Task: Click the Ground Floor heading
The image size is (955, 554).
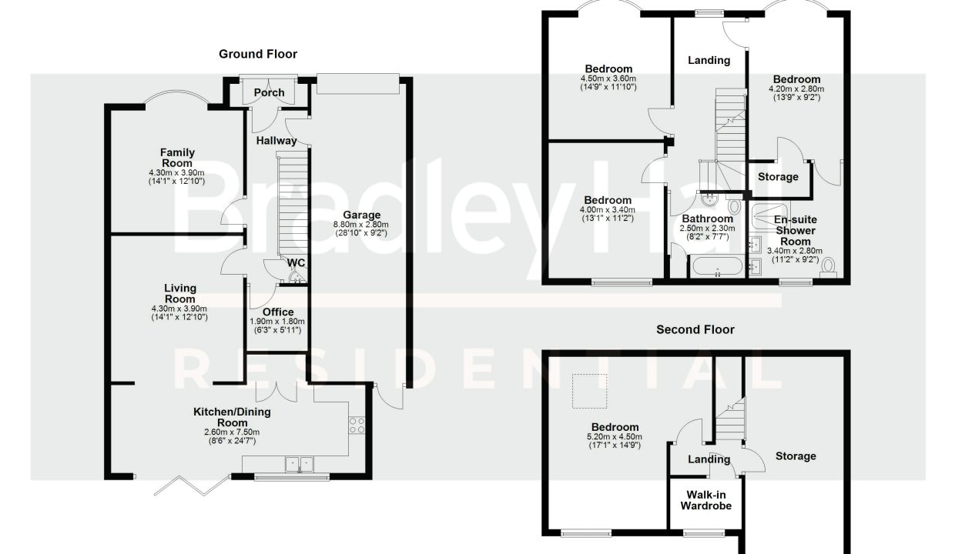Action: (258, 54)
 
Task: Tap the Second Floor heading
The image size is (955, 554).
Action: (695, 329)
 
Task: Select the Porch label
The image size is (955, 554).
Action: (269, 92)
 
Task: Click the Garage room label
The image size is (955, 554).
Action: (361, 215)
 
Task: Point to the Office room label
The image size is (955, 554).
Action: (278, 312)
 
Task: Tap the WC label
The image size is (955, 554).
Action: (297, 262)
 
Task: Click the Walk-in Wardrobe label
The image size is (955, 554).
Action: (706, 500)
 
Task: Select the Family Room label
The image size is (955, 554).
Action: (177, 158)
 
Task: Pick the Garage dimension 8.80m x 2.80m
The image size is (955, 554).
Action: (361, 225)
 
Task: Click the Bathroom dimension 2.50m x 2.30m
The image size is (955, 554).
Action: (708, 229)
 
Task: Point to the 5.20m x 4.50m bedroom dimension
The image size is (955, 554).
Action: (615, 437)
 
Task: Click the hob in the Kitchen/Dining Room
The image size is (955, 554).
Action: (357, 425)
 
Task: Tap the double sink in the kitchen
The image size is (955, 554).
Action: (300, 464)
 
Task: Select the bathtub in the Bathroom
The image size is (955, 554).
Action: (718, 266)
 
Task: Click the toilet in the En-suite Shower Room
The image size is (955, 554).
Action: (828, 268)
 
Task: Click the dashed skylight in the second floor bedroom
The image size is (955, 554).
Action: (590, 391)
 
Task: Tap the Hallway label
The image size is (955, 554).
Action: (276, 141)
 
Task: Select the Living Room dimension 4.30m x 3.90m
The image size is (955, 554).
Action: (179, 309)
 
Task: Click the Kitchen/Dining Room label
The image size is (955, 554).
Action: (232, 417)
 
